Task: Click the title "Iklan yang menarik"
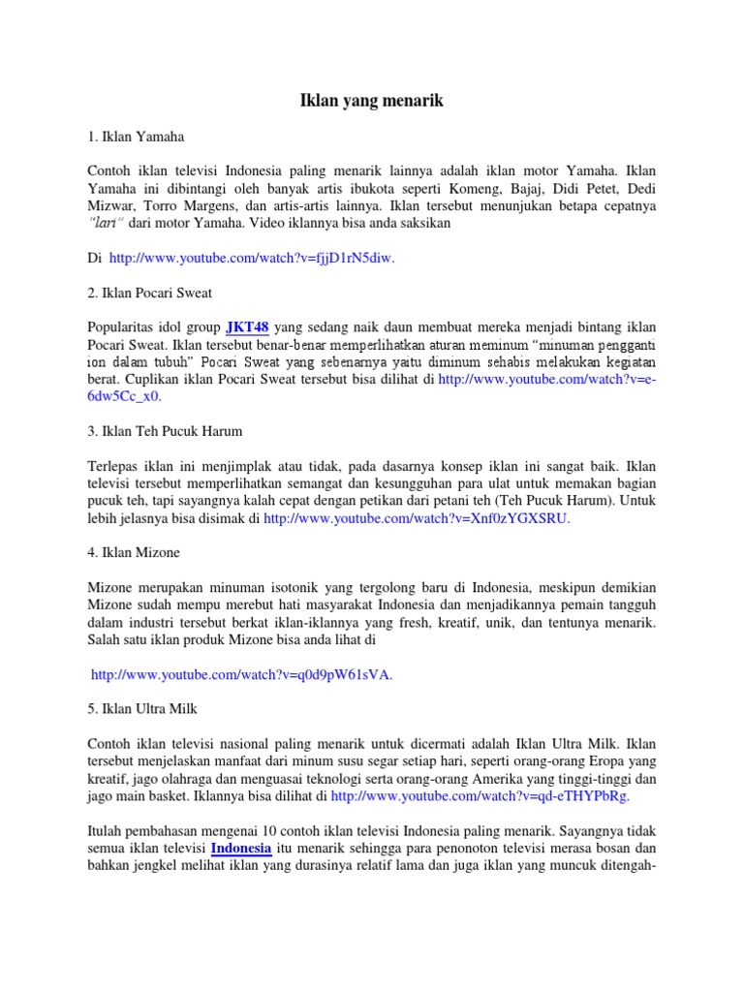pos(372,100)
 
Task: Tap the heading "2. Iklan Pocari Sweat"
pos(149,292)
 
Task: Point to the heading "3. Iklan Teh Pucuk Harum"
pos(165,430)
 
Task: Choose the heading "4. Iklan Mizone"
pos(134,552)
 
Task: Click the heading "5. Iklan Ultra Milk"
pos(142,708)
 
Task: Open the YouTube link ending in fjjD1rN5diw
pos(252,259)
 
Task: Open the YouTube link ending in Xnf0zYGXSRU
pos(417,519)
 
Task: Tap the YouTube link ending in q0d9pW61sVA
pos(242,675)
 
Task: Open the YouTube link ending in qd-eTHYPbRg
pos(480,795)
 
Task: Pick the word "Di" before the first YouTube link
pos(94,259)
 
